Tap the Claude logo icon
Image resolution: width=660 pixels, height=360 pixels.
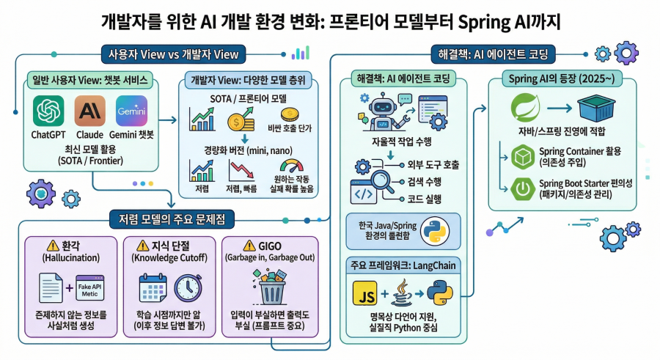coord(90,112)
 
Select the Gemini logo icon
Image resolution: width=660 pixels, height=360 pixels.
coord(131,112)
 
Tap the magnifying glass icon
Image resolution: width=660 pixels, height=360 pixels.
coord(379,181)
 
